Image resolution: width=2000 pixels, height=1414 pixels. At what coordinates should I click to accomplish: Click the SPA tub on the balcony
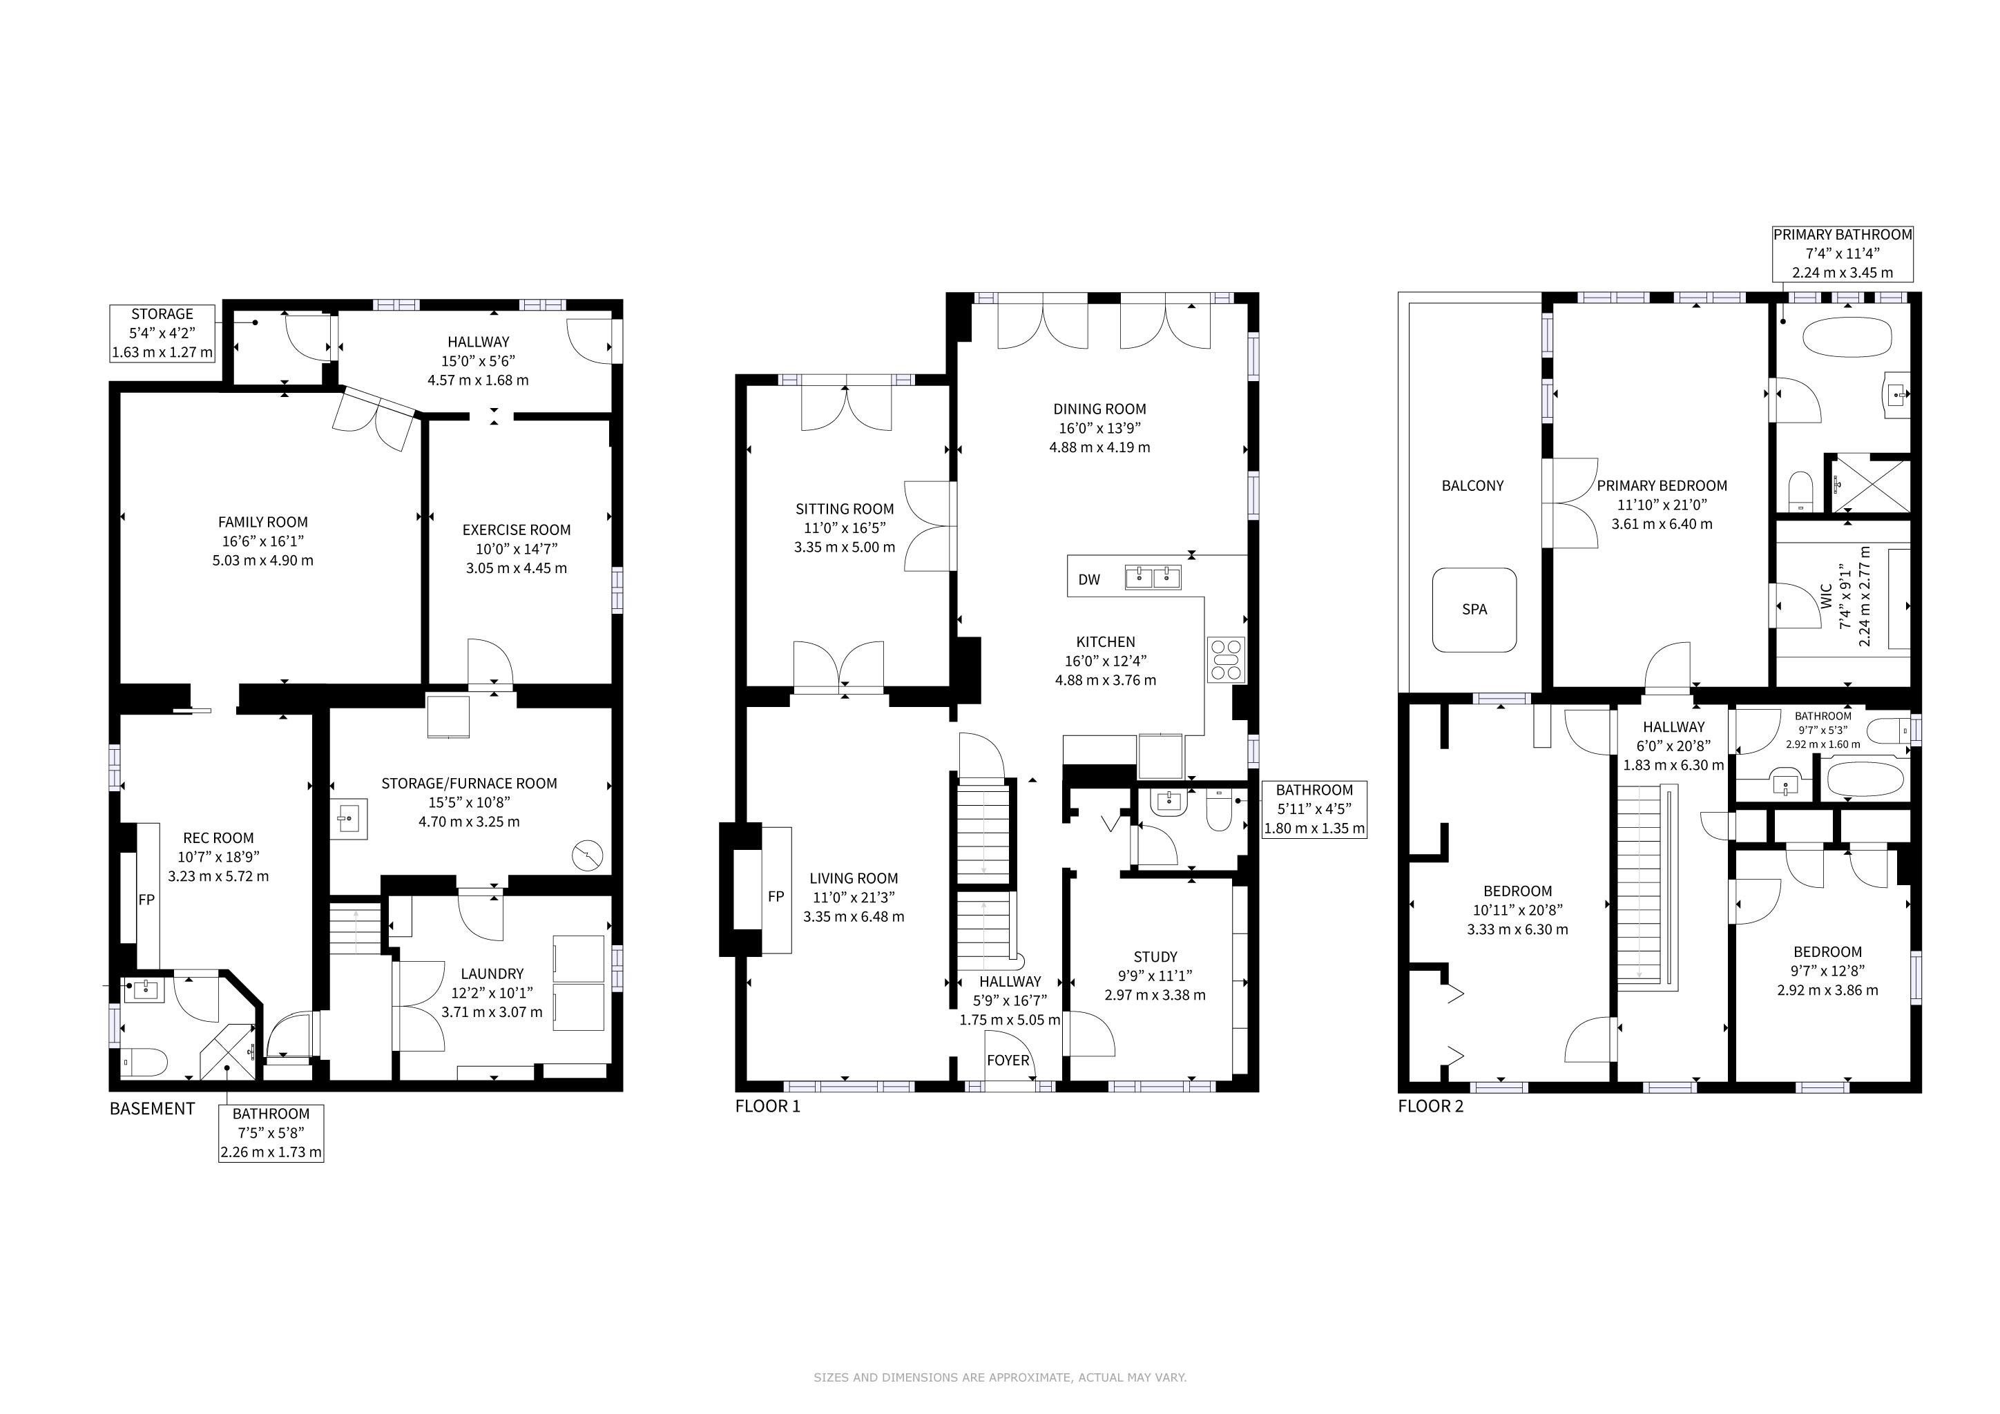(1474, 610)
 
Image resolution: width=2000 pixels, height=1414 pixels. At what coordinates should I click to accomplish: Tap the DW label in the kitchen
(1089, 580)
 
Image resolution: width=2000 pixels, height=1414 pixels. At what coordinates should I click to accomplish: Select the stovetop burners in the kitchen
(1227, 659)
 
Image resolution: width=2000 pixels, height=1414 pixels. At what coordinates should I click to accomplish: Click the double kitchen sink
(1153, 577)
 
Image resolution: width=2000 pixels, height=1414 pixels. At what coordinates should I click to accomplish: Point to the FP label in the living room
(776, 896)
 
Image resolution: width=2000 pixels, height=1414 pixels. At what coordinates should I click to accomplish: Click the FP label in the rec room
(146, 900)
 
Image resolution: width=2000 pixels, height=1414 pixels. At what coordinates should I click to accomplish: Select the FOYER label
(1008, 1060)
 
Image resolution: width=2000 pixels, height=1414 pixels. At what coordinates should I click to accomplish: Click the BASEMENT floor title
(153, 1108)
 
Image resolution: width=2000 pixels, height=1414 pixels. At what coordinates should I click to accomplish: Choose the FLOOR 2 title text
(1431, 1107)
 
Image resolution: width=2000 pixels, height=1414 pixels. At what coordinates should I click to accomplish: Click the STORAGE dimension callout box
(162, 333)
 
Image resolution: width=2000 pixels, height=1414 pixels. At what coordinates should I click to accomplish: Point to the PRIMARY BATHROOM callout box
(1843, 253)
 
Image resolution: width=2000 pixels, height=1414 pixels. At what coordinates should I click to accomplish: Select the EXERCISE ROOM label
(517, 530)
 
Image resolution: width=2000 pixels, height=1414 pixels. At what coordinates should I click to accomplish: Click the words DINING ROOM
(1099, 408)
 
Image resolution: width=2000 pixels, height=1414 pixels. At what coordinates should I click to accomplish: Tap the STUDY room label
(1155, 956)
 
